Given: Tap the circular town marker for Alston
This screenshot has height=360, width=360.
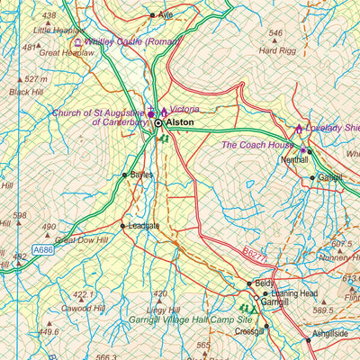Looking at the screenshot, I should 158,123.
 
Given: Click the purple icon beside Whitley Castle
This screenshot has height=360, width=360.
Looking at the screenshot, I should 78,41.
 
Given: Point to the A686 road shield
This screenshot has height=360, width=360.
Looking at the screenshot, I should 42,249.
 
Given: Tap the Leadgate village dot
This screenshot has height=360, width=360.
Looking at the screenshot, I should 123,226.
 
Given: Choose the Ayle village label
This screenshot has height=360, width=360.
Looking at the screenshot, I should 165,15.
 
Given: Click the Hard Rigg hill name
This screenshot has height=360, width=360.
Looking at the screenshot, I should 276,51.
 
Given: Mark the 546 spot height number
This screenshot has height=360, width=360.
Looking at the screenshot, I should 275,33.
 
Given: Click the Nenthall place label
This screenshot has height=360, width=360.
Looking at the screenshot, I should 293,159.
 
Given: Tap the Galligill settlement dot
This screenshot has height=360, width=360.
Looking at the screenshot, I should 312,177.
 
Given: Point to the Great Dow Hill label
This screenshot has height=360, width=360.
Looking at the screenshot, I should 81,240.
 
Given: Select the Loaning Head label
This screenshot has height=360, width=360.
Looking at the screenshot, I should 294,293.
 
